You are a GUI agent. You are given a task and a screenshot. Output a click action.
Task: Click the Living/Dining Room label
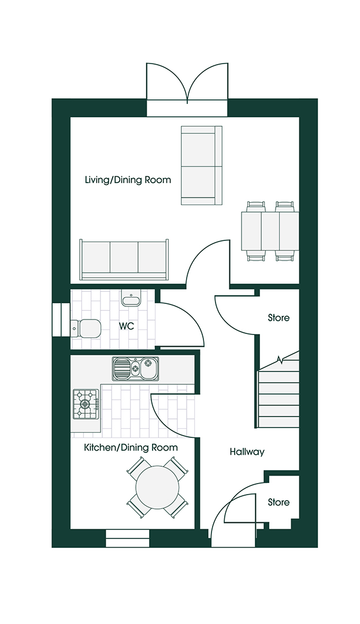tap(128, 180)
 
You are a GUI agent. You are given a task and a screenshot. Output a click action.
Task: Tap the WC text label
tap(127, 326)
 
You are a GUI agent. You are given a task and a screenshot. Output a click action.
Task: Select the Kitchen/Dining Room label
tap(131, 448)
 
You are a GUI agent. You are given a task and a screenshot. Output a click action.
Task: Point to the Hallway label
tap(247, 452)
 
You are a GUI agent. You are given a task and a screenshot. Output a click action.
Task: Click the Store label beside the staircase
tap(279, 318)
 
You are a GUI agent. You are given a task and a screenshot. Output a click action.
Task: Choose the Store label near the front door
tap(279, 503)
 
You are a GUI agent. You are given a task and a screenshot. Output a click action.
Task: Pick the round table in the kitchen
tap(156, 486)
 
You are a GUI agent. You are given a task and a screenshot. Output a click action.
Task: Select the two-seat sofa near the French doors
tap(202, 166)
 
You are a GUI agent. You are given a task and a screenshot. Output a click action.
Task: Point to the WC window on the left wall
tap(60, 319)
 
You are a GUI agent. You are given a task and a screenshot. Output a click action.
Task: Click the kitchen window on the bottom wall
tap(128, 538)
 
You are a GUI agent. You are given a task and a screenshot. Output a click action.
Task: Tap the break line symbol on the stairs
tap(280, 361)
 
